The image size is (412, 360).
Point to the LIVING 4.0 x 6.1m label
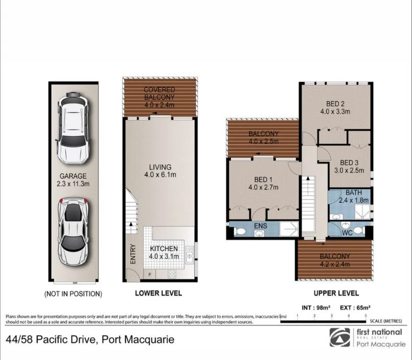coord(160,171)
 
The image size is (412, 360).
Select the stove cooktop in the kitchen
coord(172,274)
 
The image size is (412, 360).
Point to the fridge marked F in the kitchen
coord(149,274)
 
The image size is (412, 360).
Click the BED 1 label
coord(263,183)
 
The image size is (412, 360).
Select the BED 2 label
coord(335,107)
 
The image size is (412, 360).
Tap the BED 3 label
coord(349,166)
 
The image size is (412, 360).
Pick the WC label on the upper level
coord(347,232)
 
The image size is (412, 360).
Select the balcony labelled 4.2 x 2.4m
coord(334,260)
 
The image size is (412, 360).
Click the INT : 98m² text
coord(315,308)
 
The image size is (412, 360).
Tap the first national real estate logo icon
coord(340,337)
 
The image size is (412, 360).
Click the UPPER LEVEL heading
coord(330,293)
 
